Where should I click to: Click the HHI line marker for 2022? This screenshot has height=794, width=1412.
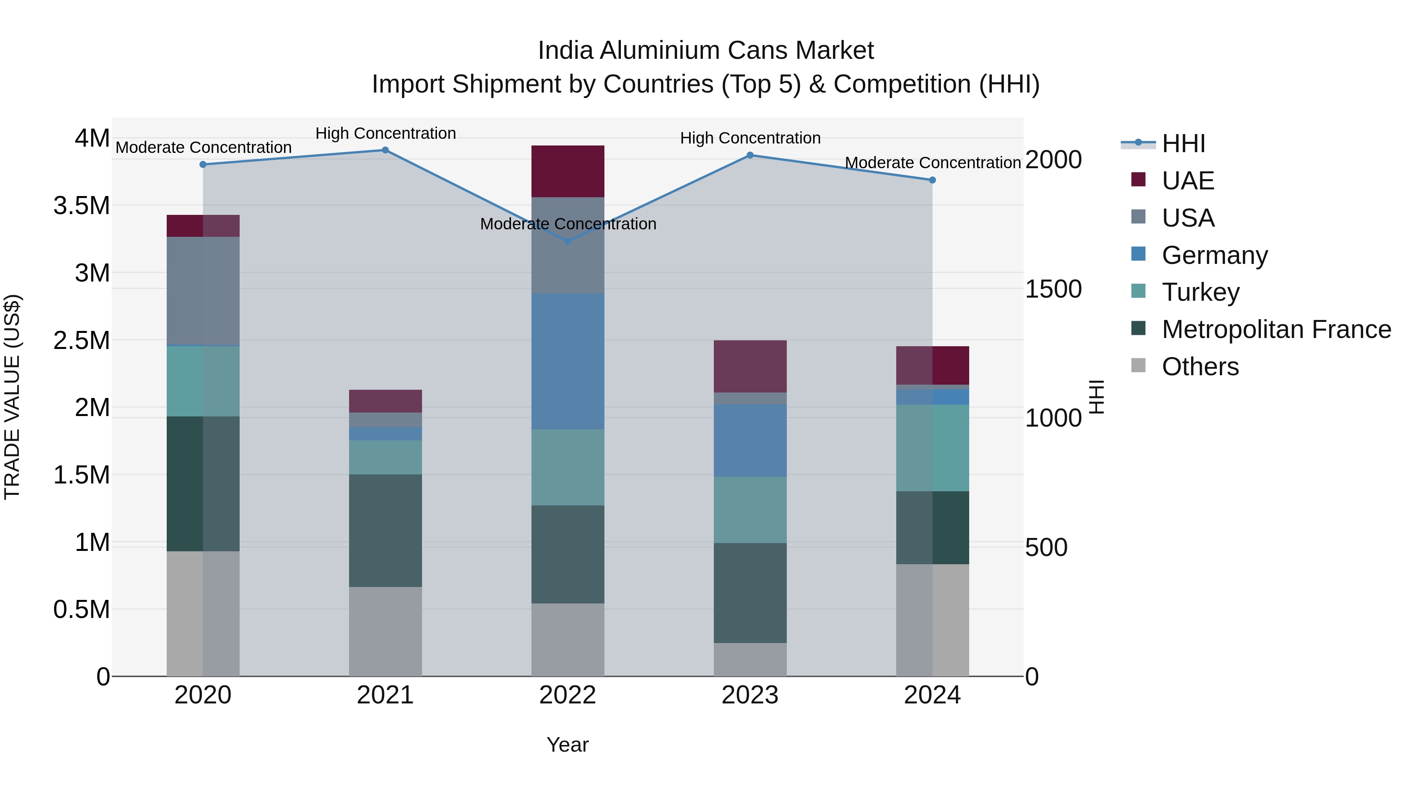pyautogui.click(x=568, y=241)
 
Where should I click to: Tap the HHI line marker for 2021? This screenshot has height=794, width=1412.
pyautogui.click(x=385, y=150)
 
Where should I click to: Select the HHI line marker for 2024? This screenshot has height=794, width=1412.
pyautogui.click(x=932, y=180)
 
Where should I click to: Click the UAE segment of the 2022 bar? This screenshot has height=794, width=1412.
pyautogui.click(x=568, y=171)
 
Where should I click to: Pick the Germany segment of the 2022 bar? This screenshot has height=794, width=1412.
pyautogui.click(x=568, y=361)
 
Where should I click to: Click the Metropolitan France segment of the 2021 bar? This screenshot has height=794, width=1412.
pyautogui.click(x=385, y=531)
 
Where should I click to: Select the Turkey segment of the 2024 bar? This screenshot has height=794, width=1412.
pyautogui.click(x=932, y=448)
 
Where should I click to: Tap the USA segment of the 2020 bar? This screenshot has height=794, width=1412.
pyautogui.click(x=203, y=291)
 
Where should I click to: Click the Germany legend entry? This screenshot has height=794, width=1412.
pyautogui.click(x=1215, y=255)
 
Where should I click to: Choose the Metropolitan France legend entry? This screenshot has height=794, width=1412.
pyautogui.click(x=1276, y=329)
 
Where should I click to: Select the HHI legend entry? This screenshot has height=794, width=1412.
pyautogui.click(x=1183, y=144)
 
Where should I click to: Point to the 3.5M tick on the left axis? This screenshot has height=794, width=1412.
pyautogui.click(x=81, y=206)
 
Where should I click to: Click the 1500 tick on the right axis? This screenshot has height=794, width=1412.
pyautogui.click(x=1053, y=289)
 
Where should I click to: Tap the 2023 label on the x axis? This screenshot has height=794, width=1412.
pyautogui.click(x=750, y=695)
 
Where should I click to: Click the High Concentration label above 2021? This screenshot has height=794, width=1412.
pyautogui.click(x=385, y=133)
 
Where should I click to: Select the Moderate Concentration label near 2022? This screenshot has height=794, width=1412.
pyautogui.click(x=568, y=223)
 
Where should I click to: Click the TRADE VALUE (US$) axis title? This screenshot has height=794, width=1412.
pyautogui.click(x=12, y=397)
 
